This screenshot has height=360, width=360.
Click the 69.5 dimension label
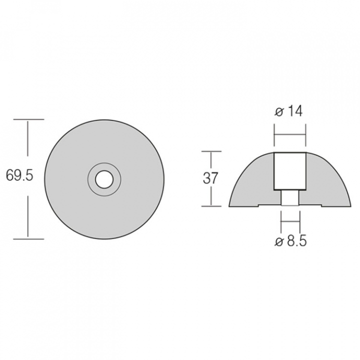coord(19,176)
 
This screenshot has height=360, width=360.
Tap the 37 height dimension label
coord(210,178)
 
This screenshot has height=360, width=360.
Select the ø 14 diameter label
coord(288,111)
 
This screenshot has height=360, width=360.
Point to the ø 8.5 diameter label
coord(290,241)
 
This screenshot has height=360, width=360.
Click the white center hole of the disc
coord(104,179)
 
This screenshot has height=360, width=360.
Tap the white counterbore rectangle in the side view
coord(289,171)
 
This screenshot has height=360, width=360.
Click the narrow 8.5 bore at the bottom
coord(290,198)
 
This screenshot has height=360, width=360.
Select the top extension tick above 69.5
coord(28,119)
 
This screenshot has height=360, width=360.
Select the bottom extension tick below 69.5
coord(28,239)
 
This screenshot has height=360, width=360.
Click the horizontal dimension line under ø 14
coord(290,135)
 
